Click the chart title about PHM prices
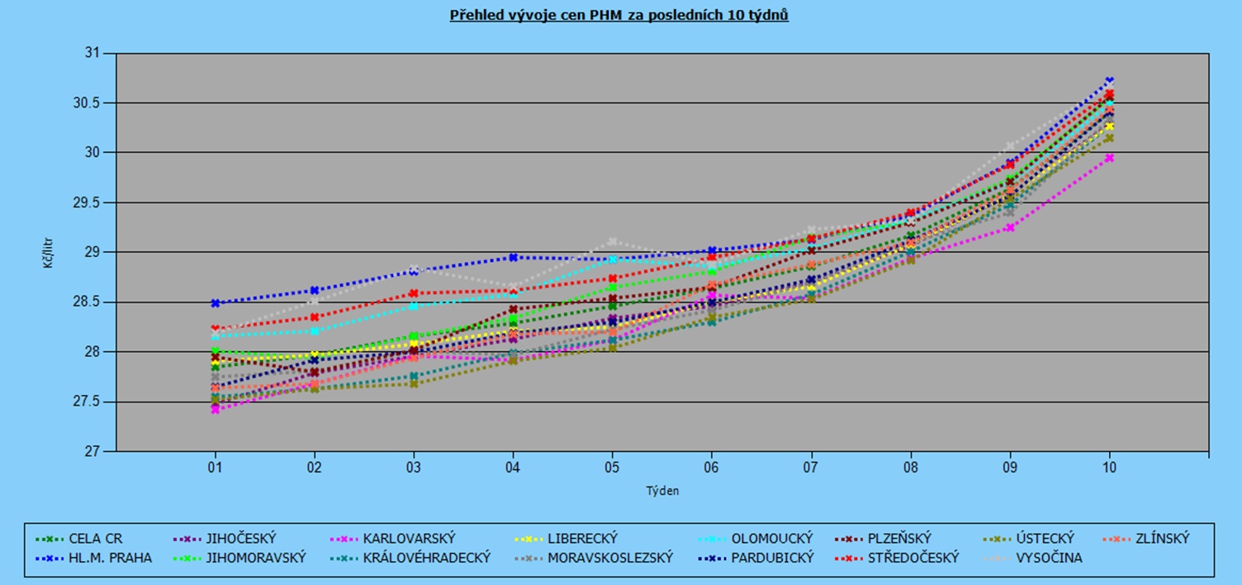click(619, 16)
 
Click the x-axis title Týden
click(662, 491)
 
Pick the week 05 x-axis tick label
click(612, 467)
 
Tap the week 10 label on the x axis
click(1109, 467)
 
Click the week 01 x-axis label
click(215, 467)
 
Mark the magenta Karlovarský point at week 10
click(1109, 158)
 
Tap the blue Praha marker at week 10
click(1109, 81)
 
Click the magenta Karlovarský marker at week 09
click(1010, 227)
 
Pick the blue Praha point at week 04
click(513, 257)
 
